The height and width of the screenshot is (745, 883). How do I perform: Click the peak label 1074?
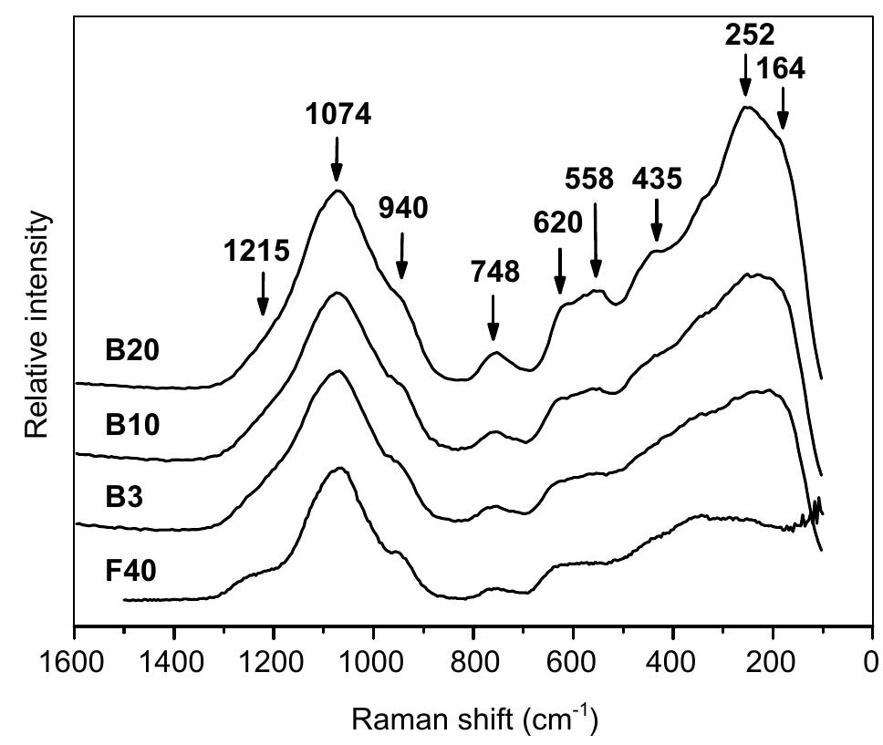point(338,116)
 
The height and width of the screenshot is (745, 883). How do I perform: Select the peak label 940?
point(403,209)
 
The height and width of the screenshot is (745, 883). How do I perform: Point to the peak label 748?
point(495,272)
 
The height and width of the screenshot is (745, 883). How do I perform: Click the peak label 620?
point(557,222)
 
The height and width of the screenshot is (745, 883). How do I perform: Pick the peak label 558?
point(589,179)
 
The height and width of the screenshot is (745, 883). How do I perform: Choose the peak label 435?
point(657,179)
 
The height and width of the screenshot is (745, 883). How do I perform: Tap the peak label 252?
point(750,35)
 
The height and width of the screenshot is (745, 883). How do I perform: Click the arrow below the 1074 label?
point(337,159)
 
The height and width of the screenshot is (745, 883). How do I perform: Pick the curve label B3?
point(122,498)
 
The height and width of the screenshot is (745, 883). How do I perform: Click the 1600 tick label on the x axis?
point(74,660)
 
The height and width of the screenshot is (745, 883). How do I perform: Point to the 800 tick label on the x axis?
point(473,660)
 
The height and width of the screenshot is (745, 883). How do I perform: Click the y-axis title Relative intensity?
point(36,324)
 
